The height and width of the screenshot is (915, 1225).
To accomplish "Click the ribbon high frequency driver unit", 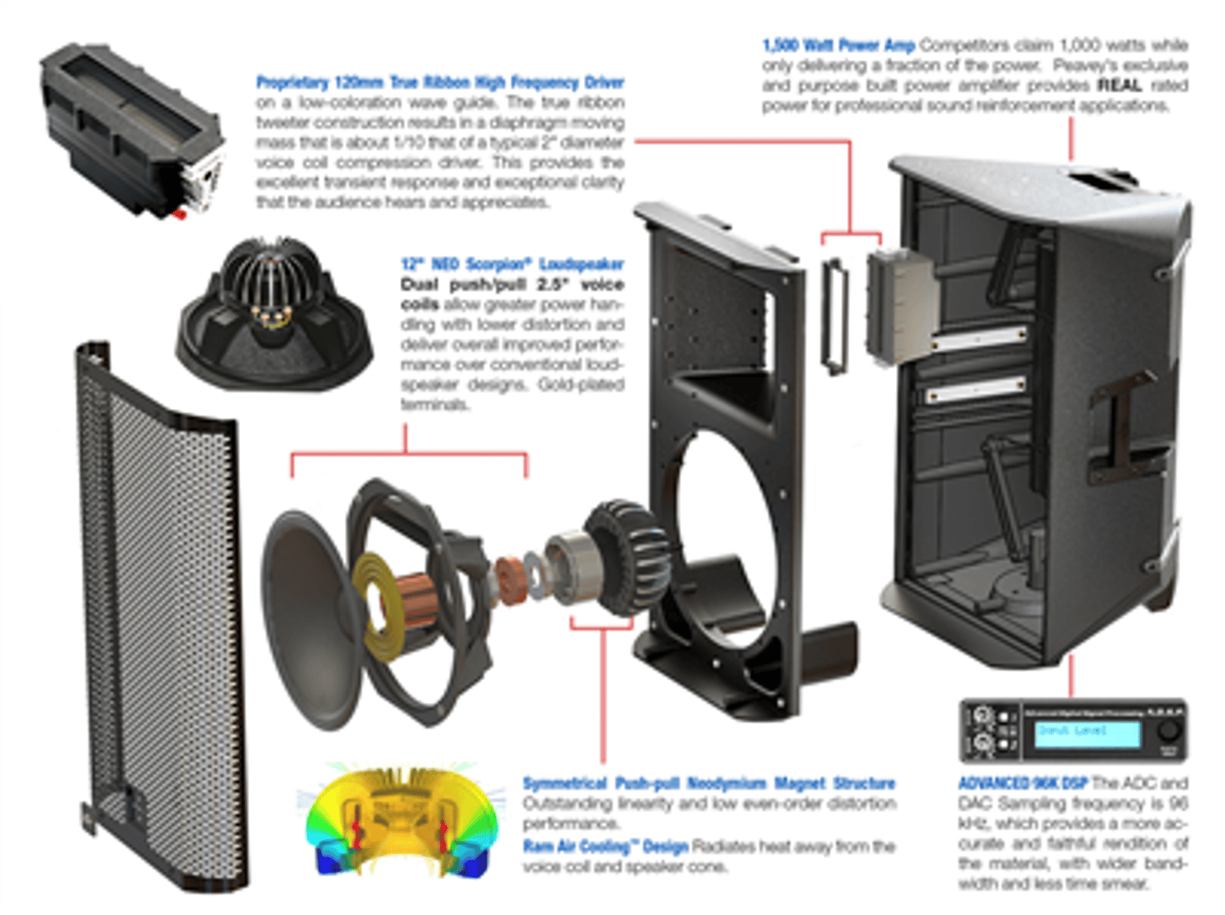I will pyautogui.click(x=131, y=131).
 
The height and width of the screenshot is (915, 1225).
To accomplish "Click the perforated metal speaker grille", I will pyautogui.click(x=155, y=620).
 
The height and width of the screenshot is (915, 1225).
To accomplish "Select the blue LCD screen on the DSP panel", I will pyautogui.click(x=1087, y=732).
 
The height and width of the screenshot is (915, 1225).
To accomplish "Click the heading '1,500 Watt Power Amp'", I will pyautogui.click(x=839, y=46).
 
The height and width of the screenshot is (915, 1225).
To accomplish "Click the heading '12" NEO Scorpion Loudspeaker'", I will pyautogui.click(x=512, y=264).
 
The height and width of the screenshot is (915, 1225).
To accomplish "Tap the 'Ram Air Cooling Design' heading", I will pyautogui.click(x=605, y=846).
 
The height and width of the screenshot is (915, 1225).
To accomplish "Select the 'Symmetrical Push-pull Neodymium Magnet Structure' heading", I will pyautogui.click(x=709, y=784).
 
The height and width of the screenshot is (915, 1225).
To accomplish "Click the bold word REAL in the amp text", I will pyautogui.click(x=1119, y=86).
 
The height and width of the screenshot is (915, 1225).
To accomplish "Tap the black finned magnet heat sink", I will pyautogui.click(x=625, y=555).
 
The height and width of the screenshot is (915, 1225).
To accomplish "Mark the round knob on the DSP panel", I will pyautogui.click(x=1169, y=729).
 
